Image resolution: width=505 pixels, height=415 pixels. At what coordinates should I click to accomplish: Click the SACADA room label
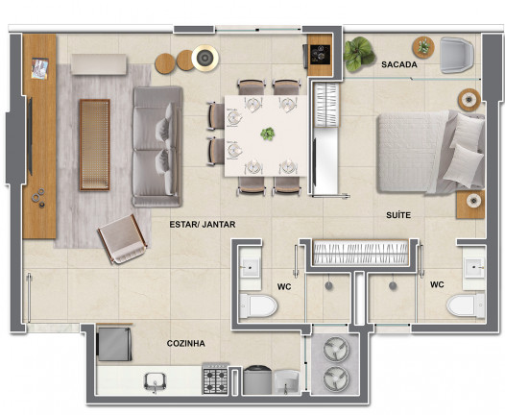point(399,64)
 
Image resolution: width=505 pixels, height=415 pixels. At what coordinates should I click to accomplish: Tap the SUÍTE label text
point(398,215)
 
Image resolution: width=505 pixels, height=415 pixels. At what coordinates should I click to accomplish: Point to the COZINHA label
point(186,344)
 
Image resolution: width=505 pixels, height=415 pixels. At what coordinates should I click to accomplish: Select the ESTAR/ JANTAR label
point(203,224)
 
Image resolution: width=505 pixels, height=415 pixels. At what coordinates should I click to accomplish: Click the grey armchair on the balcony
point(457,55)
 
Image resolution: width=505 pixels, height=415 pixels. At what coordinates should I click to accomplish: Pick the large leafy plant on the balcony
point(358,54)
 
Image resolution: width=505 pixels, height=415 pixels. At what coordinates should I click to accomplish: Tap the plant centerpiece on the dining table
point(267,134)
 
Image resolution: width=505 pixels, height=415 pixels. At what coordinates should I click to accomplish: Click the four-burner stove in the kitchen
point(215,379)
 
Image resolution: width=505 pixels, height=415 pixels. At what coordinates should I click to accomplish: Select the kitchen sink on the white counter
point(155,381)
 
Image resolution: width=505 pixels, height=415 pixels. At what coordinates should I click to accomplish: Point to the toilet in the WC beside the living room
point(258,305)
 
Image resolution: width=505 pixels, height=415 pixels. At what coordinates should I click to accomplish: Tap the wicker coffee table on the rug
point(95,145)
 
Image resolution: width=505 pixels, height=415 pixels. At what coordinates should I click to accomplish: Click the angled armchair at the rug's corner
point(122,239)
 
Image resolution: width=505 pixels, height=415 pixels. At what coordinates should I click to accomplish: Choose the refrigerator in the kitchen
point(114,344)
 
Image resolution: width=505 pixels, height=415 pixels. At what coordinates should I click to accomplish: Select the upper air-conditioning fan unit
point(336,349)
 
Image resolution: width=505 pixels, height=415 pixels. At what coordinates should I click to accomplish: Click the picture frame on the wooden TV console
point(40,68)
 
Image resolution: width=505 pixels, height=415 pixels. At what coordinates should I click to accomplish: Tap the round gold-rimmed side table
point(204,58)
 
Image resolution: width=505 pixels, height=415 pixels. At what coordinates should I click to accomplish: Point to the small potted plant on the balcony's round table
point(423,46)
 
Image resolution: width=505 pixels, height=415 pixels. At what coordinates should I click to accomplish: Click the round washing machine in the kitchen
point(257,379)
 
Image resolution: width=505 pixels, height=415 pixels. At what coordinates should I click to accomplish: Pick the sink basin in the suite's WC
point(473,267)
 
